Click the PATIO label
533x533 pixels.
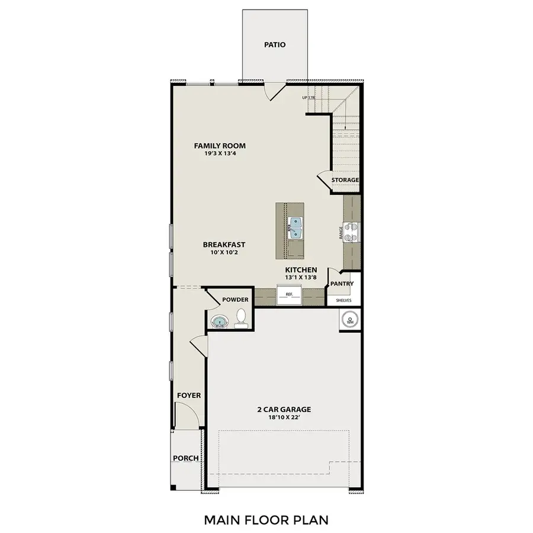[274, 44]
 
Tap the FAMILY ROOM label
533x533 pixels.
[220, 146]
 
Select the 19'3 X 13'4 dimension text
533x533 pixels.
[220, 154]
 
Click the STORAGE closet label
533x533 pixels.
[345, 180]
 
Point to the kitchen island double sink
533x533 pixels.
[295, 227]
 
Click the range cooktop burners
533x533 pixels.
[352, 231]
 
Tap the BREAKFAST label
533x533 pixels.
[224, 245]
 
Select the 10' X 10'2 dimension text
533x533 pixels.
[224, 253]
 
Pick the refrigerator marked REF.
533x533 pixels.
[290, 294]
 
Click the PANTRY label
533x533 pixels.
[342, 284]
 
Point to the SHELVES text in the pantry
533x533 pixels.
[343, 300]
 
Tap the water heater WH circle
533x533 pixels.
[349, 320]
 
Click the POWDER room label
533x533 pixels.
[235, 300]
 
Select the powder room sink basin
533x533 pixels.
[220, 322]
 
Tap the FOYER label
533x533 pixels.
[189, 396]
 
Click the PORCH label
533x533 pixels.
[185, 458]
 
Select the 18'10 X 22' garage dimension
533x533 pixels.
[284, 418]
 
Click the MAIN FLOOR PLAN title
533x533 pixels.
[266, 520]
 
